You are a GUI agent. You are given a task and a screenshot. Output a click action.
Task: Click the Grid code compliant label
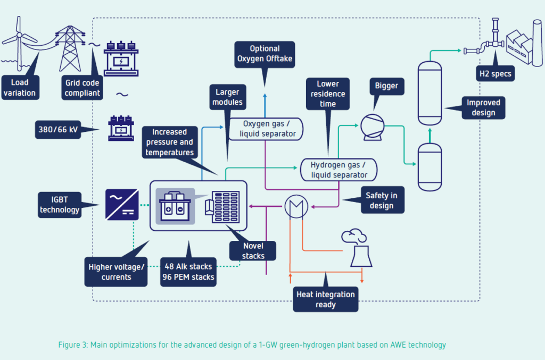click(82, 88)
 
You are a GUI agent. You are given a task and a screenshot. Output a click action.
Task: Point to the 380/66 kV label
click(58, 129)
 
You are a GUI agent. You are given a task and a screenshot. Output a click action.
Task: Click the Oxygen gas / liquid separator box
click(266, 128)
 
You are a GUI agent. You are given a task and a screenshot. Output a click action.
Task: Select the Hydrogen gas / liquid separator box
click(338, 169)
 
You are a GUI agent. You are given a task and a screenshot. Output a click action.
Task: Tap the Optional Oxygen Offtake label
click(264, 54)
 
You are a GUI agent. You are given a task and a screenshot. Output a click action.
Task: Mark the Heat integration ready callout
click(325, 299)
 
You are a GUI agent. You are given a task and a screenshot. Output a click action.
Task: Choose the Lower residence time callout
click(328, 94)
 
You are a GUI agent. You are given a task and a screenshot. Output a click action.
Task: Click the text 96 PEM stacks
click(188, 277)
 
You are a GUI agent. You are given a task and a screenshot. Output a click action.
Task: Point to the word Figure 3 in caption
click(72, 345)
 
